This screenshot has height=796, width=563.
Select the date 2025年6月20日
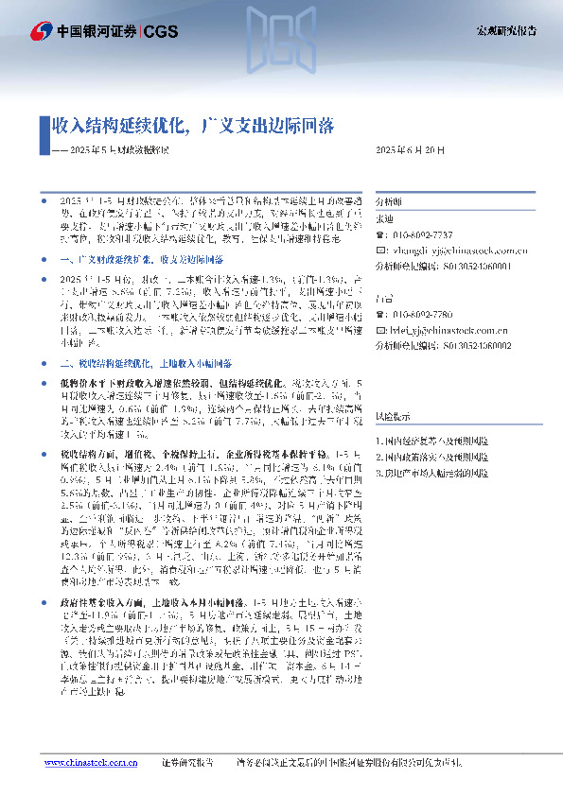click(410, 150)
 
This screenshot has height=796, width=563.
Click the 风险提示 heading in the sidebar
click(393, 416)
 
